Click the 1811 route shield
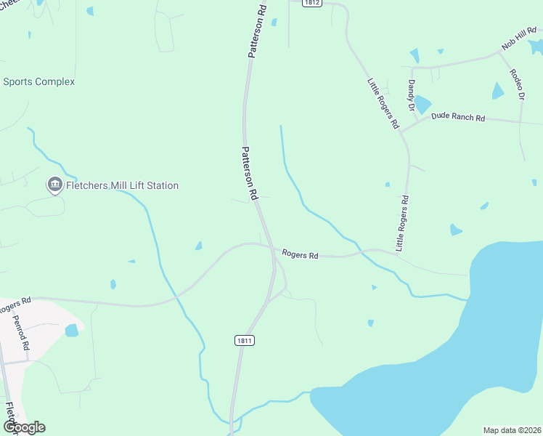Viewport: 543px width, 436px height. click(245, 340)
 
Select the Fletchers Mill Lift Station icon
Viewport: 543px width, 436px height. click(54, 186)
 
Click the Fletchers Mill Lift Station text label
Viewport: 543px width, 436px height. click(122, 186)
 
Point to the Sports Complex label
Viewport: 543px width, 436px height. click(38, 82)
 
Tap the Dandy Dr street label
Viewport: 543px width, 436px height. click(411, 96)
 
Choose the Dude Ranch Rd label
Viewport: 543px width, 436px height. click(457, 116)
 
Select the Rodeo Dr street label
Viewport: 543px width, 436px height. click(517, 84)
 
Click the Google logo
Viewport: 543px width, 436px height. click(23, 427)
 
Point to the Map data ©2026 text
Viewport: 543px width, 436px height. click(512, 430)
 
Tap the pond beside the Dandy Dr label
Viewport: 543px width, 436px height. click(422, 105)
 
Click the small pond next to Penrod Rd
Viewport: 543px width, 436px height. click(71, 331)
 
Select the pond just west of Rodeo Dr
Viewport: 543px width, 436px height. click(498, 91)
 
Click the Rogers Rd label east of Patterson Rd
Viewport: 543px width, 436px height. click(300, 255)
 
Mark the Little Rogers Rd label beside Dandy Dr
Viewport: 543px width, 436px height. click(383, 103)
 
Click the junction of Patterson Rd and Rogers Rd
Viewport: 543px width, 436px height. click(273, 249)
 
